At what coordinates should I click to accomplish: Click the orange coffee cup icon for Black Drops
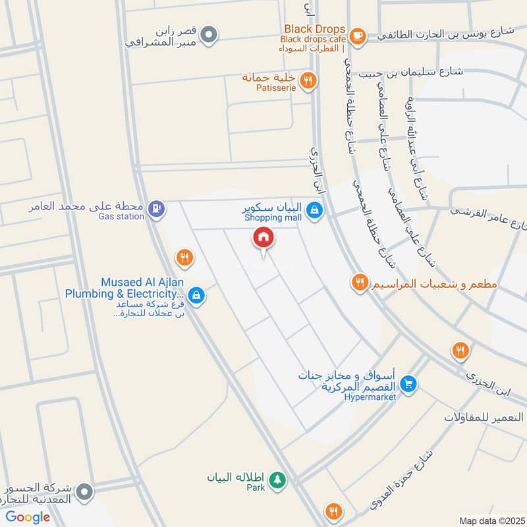coord(358,34)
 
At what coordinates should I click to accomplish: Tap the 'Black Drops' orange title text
coord(315,29)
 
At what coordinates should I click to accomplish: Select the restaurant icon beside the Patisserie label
coord(307,81)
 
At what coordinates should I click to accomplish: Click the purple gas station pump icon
coord(155,209)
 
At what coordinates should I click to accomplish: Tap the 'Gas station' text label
coord(121,217)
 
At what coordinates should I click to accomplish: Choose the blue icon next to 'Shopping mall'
coord(316,210)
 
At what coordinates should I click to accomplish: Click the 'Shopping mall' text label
coord(273,218)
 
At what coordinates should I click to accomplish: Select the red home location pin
coord(263,238)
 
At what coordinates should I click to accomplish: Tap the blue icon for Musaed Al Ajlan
coord(195,296)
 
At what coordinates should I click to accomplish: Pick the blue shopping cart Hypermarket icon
coord(408,383)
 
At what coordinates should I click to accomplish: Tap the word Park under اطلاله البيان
coord(256,488)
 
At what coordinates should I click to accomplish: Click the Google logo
coord(28,517)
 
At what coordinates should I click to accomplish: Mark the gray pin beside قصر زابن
coord(209,34)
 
